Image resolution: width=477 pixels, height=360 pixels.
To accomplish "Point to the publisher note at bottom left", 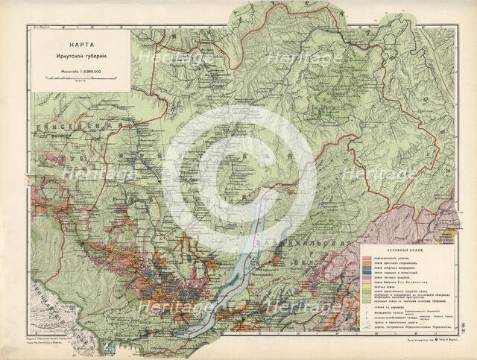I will click(x=56, y=342).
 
